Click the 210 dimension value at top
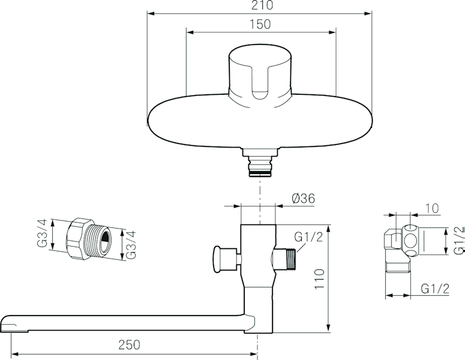[262, 5]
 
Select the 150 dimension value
[260, 25]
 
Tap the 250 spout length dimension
[129, 344]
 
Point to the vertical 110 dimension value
[319, 280]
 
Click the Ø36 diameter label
[303, 199]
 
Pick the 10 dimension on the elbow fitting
[432, 208]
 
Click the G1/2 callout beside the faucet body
[308, 237]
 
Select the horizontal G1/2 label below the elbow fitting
[435, 289]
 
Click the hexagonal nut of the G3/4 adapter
[79, 239]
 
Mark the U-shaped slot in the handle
[260, 82]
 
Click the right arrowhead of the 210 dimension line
[368, 13]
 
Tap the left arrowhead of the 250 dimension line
[15, 354]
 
